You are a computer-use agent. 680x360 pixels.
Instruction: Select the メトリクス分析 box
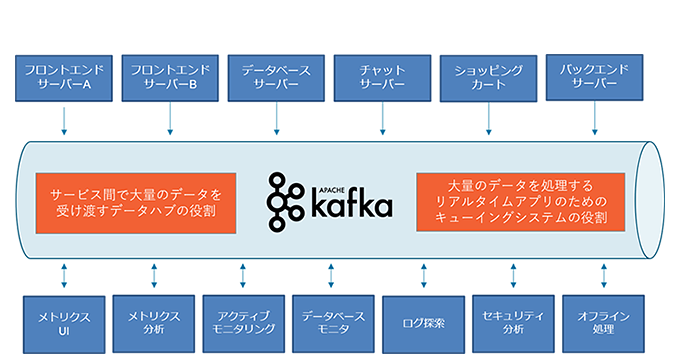[153, 322]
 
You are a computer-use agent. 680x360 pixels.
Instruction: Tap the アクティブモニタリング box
[242, 322]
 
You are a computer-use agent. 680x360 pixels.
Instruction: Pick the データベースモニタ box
[331, 322]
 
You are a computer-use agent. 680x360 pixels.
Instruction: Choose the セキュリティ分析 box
[512, 322]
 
